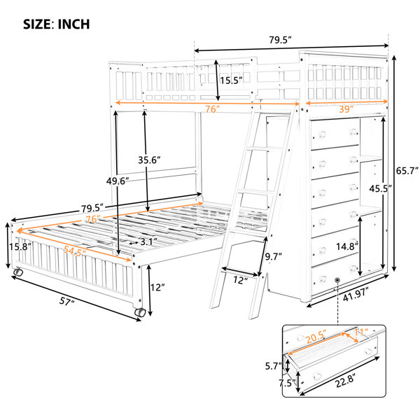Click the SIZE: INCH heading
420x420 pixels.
57,24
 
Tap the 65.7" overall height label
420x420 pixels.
407,171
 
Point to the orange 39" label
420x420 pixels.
346,109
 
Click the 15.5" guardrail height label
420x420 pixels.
231,80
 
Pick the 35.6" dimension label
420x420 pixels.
149,160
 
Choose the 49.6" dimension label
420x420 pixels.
118,181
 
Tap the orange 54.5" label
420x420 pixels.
74,251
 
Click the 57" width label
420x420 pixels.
66,301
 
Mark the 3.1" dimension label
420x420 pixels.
148,241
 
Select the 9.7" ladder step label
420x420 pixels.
274,257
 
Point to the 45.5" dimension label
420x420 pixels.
380,188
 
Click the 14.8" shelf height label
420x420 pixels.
347,246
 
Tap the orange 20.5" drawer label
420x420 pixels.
316,337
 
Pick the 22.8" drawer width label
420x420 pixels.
346,380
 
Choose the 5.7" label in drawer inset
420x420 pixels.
274,366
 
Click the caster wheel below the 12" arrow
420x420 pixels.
140,312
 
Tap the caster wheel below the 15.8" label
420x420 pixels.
18,272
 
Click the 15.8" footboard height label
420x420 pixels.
20,246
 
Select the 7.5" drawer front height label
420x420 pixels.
287,383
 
